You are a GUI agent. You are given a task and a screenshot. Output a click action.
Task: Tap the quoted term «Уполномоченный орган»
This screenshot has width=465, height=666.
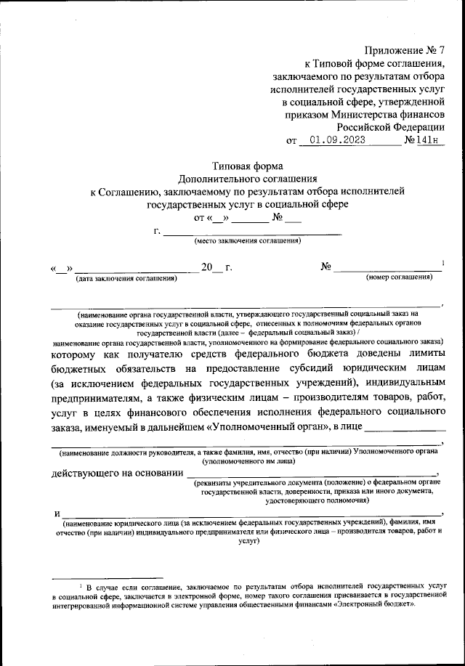(x=233, y=426)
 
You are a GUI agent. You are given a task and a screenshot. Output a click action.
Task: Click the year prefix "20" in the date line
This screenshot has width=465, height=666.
(x=208, y=267)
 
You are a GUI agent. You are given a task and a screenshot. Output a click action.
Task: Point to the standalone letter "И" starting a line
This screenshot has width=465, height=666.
(x=55, y=514)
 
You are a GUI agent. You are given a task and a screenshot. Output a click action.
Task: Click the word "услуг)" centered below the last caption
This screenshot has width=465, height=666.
(x=248, y=541)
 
